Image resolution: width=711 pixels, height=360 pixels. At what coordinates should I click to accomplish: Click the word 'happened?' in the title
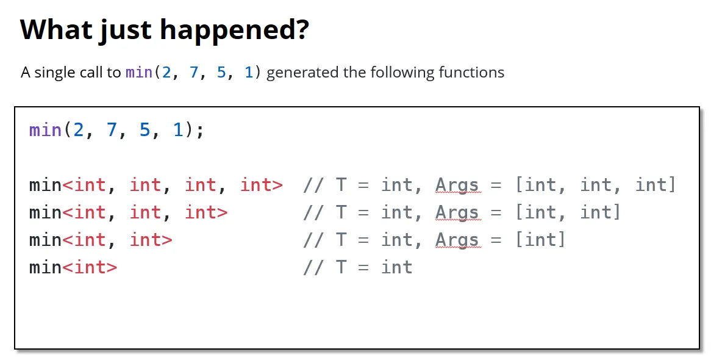click(235, 30)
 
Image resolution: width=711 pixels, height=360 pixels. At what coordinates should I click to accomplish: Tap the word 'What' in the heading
click(55, 29)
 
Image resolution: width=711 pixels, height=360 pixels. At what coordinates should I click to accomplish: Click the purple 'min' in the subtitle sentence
click(139, 72)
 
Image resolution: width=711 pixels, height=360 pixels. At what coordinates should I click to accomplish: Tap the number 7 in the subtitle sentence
click(194, 72)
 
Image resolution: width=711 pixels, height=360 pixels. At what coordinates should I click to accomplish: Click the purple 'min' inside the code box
click(45, 131)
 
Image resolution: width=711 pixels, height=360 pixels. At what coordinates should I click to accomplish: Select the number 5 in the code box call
click(145, 130)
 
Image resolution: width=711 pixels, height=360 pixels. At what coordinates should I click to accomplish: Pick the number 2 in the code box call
click(79, 130)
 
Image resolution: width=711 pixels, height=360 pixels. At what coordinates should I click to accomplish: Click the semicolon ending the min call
click(201, 131)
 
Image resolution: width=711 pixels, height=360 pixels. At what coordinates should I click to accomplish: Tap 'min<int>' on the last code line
click(73, 267)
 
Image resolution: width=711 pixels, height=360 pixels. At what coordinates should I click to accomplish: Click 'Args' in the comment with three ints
click(457, 185)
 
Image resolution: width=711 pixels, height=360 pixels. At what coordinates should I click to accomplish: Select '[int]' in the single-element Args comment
click(540, 239)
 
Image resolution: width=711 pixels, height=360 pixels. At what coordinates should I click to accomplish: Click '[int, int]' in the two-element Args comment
click(568, 212)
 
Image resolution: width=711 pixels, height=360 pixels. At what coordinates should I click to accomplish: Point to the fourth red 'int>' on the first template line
click(262, 185)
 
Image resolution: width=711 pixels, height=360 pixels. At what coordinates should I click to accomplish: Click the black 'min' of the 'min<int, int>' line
click(45, 240)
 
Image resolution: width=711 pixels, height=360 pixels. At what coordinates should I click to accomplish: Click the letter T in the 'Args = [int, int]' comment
click(341, 212)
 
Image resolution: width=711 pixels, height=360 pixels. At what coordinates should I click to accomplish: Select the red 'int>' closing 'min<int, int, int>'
click(206, 212)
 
